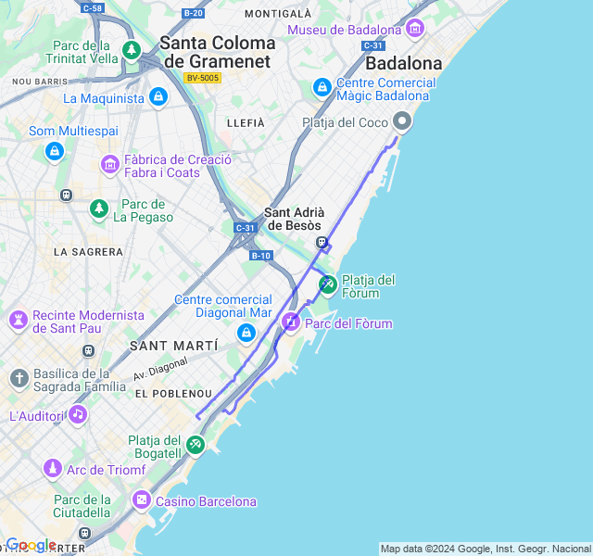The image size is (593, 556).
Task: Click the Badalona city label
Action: pos(403,64)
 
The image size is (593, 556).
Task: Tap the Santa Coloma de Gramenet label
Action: pos(217,52)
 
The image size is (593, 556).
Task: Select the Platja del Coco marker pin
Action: pos(402,121)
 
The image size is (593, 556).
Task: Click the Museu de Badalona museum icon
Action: pos(414,29)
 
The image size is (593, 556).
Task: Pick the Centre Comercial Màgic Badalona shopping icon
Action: pos(322,88)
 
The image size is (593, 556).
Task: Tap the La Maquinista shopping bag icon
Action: pos(158,96)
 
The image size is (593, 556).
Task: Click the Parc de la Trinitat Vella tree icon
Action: pos(132,49)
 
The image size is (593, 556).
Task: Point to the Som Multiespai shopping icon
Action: pos(54,150)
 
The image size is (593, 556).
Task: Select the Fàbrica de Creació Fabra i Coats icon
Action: pos(110,165)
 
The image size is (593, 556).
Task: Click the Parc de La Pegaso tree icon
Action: pos(99,209)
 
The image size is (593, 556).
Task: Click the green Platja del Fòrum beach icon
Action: pos(327,284)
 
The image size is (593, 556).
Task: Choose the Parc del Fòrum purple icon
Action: pos(291,322)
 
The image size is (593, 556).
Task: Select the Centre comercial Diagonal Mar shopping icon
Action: pos(246,333)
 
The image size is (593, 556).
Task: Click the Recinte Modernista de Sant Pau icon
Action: pos(18,321)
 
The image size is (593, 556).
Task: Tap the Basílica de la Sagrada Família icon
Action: pos(19,378)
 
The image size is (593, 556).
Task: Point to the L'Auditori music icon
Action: pos(78,414)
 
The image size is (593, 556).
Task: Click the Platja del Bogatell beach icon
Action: pos(195,446)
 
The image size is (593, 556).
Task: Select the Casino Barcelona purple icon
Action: pos(141,500)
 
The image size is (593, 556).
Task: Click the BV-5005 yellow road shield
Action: pos(202,78)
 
